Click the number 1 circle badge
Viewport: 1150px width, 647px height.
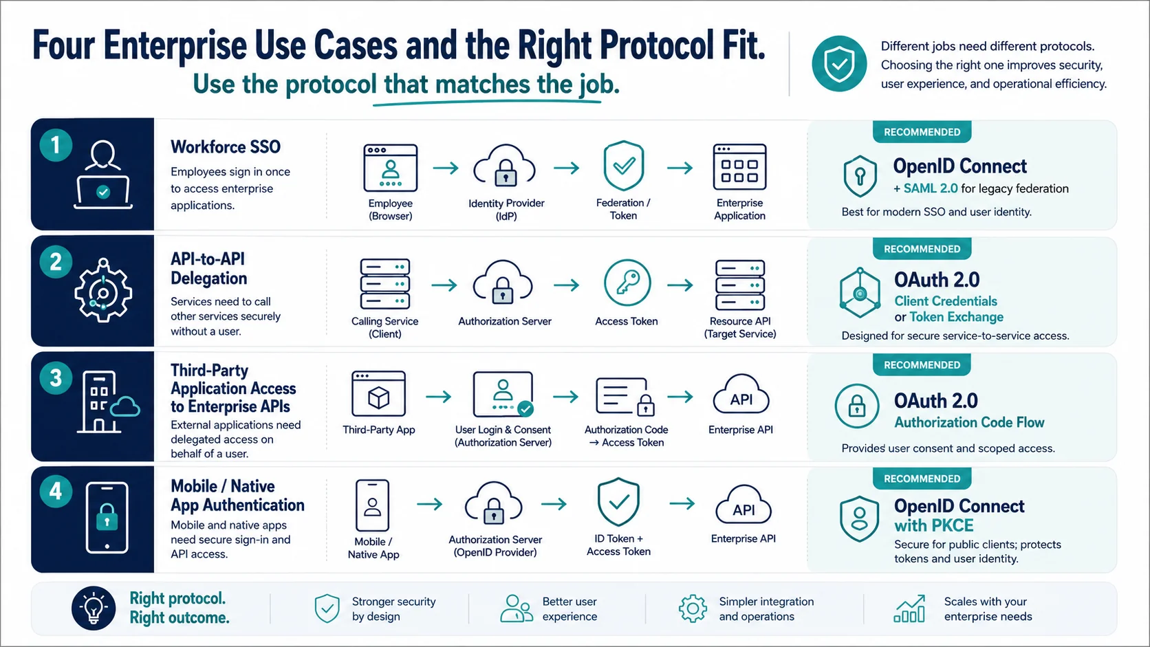coord(56,145)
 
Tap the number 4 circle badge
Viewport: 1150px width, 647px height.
coord(56,491)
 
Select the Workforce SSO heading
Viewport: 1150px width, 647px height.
coord(226,147)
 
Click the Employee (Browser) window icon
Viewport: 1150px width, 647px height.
coord(390,168)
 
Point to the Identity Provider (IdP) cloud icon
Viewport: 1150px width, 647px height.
coord(505,165)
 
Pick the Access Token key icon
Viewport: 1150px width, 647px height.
coord(627,283)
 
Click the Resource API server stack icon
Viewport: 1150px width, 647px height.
coord(740,285)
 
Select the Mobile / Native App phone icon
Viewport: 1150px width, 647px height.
coord(372,505)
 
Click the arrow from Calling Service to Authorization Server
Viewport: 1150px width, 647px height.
coord(444,285)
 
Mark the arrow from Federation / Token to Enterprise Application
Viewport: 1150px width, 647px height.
coord(680,168)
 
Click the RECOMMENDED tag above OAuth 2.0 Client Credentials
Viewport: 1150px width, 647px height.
coord(922,249)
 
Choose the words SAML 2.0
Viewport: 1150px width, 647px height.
coord(931,188)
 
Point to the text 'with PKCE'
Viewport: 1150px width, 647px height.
coord(934,525)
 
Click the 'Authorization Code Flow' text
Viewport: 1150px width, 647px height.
coord(969,422)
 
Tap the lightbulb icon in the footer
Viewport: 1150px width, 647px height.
coord(94,608)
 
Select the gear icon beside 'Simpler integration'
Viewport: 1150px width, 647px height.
coord(693,608)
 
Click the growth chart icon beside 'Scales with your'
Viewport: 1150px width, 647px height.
coord(909,608)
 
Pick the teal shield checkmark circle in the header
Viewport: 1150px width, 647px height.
coord(839,64)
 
